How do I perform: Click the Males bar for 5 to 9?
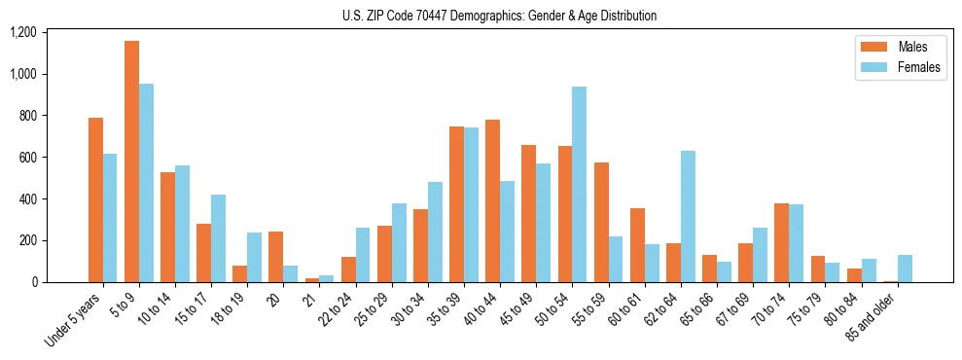tap(131, 162)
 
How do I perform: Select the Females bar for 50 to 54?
tap(579, 185)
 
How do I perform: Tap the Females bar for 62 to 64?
tap(688, 217)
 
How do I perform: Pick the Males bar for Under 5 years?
tap(95, 200)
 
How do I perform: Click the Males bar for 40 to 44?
tap(492, 201)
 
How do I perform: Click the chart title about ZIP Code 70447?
tap(500, 16)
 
